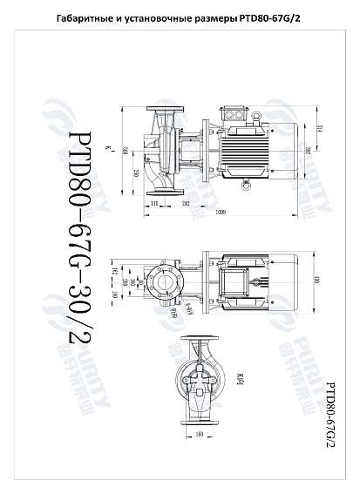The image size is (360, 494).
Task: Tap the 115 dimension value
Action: point(154,202)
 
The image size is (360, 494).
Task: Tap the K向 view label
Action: point(241,377)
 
